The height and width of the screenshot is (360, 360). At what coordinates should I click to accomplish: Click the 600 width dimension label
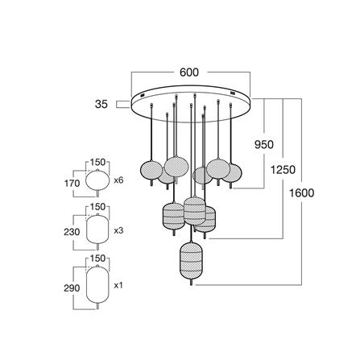point(189,72)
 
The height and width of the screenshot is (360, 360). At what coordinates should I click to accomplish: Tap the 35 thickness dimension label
point(101,104)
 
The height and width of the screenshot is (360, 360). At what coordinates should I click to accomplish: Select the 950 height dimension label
point(264,145)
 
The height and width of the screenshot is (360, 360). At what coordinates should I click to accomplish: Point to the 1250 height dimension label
point(283,170)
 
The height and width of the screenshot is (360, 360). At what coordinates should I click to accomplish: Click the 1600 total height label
point(301,193)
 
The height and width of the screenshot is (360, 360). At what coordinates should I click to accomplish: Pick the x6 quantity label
point(118,180)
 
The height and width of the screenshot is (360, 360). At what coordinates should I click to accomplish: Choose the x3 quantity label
point(118,230)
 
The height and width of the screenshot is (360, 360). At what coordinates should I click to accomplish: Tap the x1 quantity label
point(118,285)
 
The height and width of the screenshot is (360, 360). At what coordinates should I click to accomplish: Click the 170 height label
point(72,184)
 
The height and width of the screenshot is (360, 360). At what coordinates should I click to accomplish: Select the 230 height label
point(72,232)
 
